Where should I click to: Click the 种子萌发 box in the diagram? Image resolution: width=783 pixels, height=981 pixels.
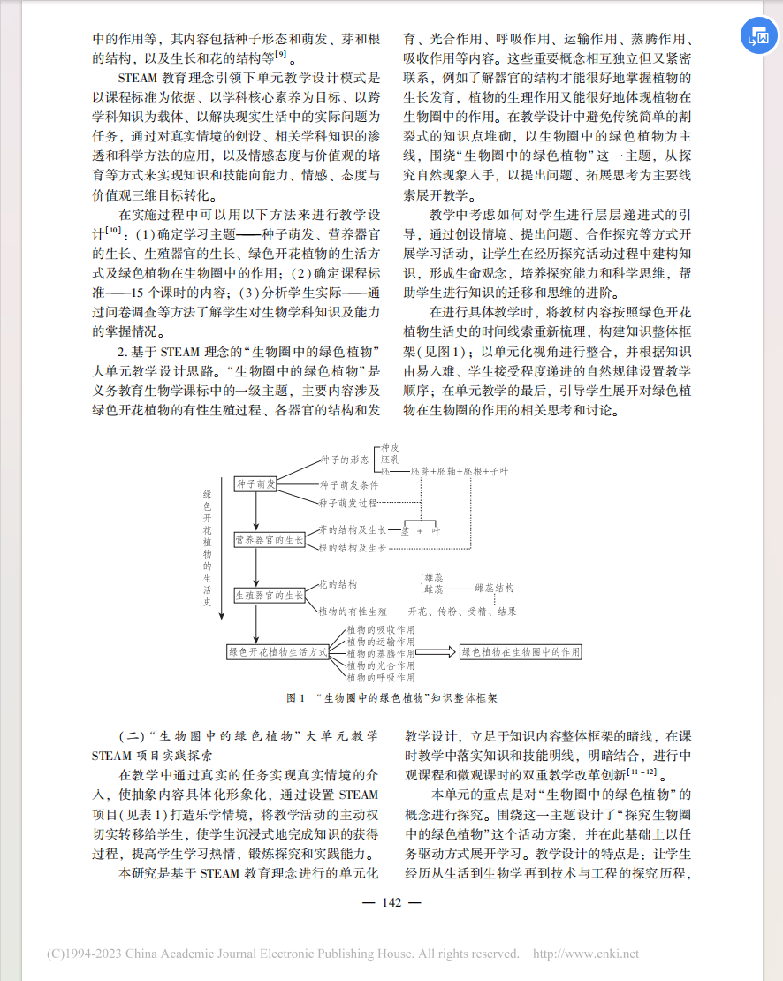256,483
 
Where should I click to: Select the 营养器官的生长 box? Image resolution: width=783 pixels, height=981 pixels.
269,539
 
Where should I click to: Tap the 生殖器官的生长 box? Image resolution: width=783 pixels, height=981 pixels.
269,596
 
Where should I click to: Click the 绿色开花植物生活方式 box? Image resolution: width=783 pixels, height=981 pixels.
277,652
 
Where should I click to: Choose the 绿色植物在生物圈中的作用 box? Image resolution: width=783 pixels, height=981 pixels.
521,652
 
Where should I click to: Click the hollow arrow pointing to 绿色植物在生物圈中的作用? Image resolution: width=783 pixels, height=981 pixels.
437,652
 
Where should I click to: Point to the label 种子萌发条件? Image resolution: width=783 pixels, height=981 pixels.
349,484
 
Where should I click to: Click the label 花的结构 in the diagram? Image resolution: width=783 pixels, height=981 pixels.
338,584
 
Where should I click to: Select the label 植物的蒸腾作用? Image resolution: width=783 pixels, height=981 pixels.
380,652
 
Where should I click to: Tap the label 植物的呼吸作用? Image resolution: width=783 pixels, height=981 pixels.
380,677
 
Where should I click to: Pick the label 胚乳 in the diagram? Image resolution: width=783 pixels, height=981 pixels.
391,460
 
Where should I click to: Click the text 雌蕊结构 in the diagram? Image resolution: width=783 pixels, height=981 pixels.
494,588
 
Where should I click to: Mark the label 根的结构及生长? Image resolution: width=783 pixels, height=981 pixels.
353,548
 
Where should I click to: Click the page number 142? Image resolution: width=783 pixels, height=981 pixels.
391,902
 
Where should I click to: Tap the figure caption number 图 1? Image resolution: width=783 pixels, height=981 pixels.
296,698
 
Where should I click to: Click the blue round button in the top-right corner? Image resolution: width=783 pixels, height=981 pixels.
758,40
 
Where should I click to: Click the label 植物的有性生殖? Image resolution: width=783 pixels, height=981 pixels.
353,611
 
